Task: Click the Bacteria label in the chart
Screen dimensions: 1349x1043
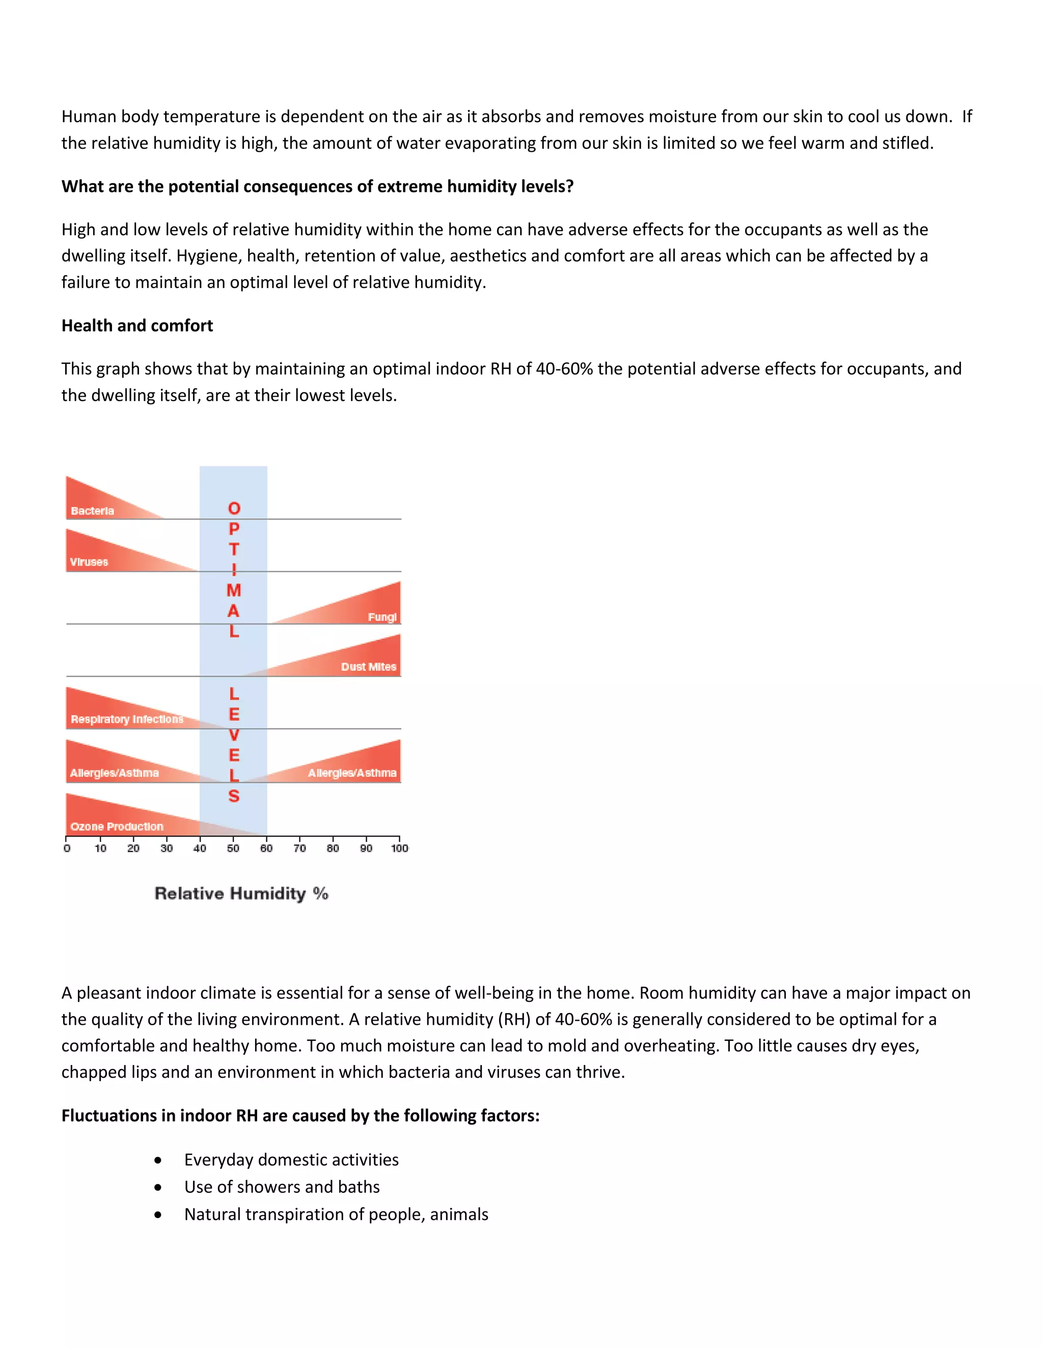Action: (x=92, y=511)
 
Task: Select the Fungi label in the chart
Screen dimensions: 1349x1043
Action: (x=382, y=617)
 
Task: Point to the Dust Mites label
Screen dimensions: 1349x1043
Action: (x=368, y=666)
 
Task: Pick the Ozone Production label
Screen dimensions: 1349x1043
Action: (x=117, y=826)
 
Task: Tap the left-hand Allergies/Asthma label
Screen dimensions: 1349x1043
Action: (x=114, y=773)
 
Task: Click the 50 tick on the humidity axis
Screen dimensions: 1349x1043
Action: (x=233, y=848)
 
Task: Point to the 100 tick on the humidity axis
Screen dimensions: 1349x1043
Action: (x=399, y=848)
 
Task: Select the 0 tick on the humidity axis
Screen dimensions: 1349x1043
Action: (x=67, y=848)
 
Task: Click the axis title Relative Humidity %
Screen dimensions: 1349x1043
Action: (x=241, y=893)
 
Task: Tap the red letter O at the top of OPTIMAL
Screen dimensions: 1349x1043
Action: (x=234, y=509)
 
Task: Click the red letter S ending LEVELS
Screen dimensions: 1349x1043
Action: (x=234, y=796)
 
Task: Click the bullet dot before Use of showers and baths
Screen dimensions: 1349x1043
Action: (x=158, y=1187)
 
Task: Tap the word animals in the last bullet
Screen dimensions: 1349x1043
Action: (x=459, y=1214)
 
